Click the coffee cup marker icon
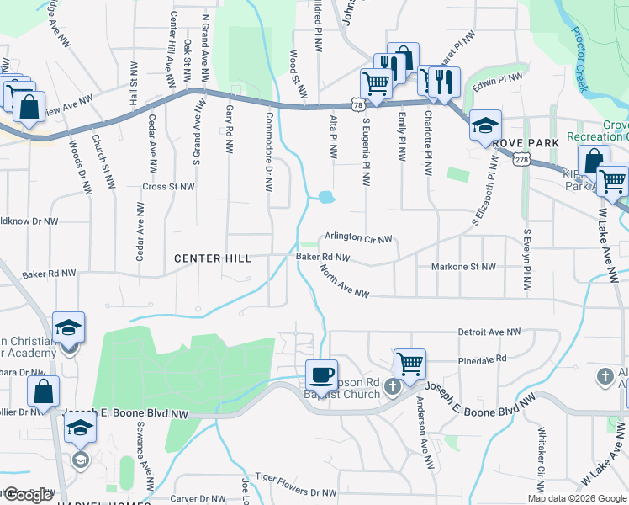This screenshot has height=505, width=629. pyautogui.click(x=320, y=374)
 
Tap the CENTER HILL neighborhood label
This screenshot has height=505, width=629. pyautogui.click(x=212, y=258)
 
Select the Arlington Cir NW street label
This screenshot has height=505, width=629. pyautogui.click(x=359, y=239)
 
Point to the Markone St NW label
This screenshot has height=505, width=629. pyautogui.click(x=463, y=267)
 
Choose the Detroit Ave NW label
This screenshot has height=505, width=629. pyautogui.click(x=489, y=332)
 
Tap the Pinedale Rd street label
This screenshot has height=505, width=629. pyautogui.click(x=483, y=359)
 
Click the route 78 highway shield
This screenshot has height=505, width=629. pyautogui.click(x=359, y=105)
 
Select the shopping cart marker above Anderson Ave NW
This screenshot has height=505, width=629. pyautogui.click(x=410, y=364)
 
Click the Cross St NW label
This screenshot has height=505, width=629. pyautogui.click(x=168, y=187)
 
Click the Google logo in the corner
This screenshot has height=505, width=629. pyautogui.click(x=28, y=495)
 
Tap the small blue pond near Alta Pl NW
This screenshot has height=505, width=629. pyautogui.click(x=325, y=199)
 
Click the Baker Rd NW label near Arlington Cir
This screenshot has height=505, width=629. pyautogui.click(x=322, y=257)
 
